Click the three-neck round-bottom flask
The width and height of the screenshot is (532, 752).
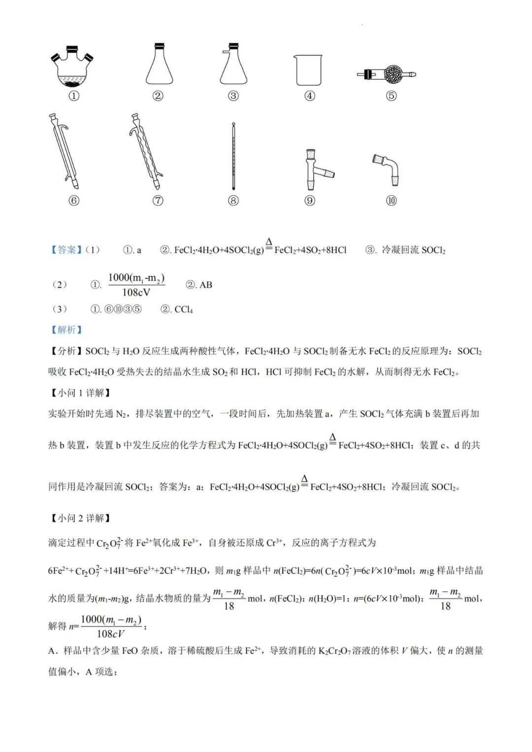(73, 69)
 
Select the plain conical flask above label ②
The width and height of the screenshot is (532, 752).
(159, 65)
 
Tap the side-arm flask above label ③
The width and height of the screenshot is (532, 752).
(233, 65)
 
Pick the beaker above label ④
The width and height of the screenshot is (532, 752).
(309, 70)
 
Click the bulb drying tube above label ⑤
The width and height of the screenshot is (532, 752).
(389, 74)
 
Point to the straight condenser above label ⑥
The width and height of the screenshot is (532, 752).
(65, 152)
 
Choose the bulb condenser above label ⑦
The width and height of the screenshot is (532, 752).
(146, 152)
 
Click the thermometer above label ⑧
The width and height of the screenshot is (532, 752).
(233, 157)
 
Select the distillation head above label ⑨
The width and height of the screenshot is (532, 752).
(313, 169)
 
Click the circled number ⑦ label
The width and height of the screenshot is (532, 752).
(158, 200)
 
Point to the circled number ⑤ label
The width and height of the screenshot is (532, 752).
(391, 96)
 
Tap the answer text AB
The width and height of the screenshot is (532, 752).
(205, 285)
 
